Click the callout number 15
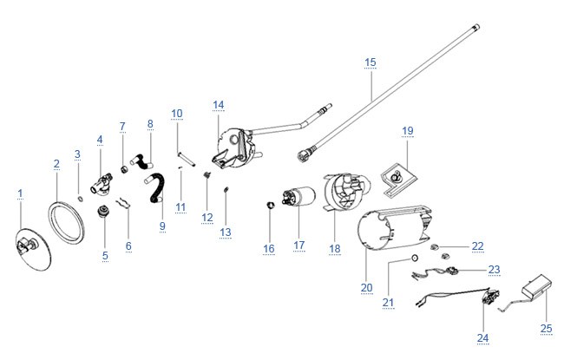[371, 62]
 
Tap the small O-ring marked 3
[81, 199]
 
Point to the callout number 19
[408, 130]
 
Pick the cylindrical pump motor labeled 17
[299, 197]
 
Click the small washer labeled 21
[415, 258]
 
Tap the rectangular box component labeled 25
[538, 286]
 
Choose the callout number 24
[483, 337]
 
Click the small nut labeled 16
[270, 206]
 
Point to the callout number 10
[177, 114]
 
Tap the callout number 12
[207, 217]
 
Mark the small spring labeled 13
[226, 189]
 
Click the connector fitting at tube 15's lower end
[304, 156]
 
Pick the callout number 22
[478, 246]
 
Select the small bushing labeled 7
[124, 168]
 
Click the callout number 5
[105, 256]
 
